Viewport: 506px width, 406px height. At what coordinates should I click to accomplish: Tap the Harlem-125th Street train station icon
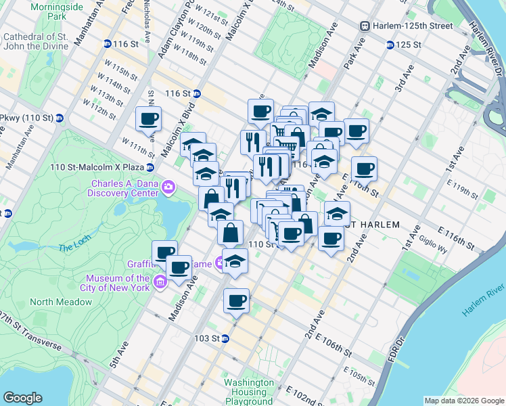[365, 26]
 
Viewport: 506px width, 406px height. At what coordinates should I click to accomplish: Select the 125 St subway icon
[390, 45]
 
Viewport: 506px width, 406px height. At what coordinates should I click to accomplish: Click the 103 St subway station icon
[225, 338]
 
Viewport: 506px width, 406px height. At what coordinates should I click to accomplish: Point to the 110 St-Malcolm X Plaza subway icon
[150, 167]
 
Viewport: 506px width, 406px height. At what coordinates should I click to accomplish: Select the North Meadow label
[51, 302]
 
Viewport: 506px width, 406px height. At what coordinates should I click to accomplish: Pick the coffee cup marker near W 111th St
[148, 120]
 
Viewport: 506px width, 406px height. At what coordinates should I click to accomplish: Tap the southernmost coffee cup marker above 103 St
[236, 300]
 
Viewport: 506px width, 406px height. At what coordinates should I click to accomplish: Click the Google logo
[23, 398]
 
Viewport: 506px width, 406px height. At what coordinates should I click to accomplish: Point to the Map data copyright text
[464, 401]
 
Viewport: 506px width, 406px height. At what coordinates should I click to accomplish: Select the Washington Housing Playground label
[248, 392]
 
